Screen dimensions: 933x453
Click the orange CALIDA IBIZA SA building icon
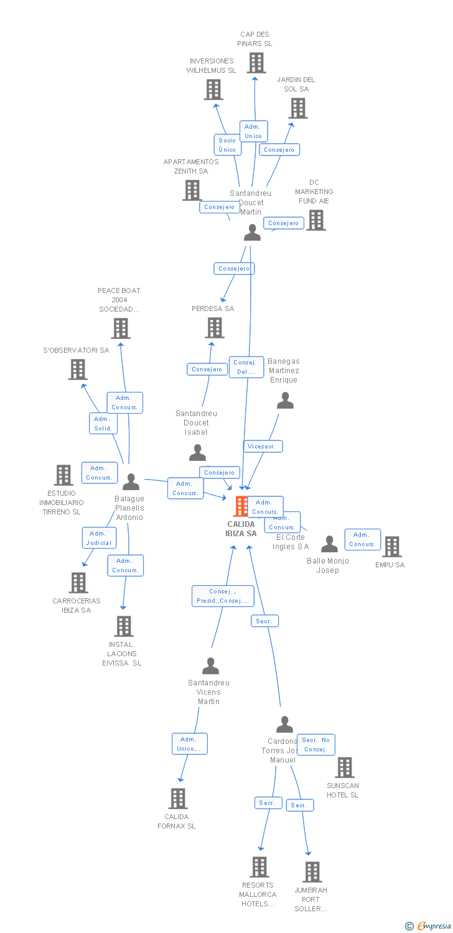240,506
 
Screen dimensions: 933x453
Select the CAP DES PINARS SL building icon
256,63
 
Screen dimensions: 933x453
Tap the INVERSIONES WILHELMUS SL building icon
213,90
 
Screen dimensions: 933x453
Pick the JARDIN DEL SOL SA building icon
298,108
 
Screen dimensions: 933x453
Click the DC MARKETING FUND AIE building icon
315,220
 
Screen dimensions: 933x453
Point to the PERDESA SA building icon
215,328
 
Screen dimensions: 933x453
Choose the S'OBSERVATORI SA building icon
78,369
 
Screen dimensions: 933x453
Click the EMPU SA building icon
391,547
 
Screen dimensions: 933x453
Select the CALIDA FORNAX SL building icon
178,799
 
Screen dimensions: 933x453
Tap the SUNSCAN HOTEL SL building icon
344,768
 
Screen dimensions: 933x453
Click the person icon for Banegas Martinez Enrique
285,401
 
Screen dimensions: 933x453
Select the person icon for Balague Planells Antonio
131,482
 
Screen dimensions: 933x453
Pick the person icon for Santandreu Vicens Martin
210,666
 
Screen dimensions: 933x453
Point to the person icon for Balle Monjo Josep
329,544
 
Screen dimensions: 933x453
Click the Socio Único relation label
227,145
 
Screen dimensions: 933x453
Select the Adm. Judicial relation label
99,538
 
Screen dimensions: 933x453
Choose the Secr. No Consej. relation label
316,745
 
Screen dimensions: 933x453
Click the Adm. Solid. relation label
103,424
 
